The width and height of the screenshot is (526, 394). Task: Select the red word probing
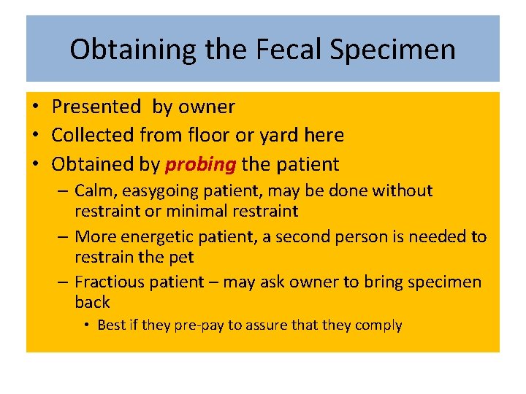[200, 164]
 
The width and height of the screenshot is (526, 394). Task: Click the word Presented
[96, 107]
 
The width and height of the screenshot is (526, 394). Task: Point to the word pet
[182, 257]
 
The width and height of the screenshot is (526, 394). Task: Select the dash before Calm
[64, 191]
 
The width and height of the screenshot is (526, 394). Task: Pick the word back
[92, 302]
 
